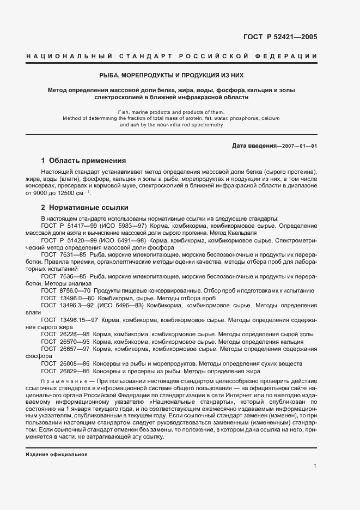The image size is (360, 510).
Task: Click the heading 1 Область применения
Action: tap(84, 161)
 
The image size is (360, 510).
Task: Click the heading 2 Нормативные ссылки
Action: tap(85, 208)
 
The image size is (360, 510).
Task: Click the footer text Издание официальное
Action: tap(56, 454)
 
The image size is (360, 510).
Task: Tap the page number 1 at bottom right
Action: tap(315, 466)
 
